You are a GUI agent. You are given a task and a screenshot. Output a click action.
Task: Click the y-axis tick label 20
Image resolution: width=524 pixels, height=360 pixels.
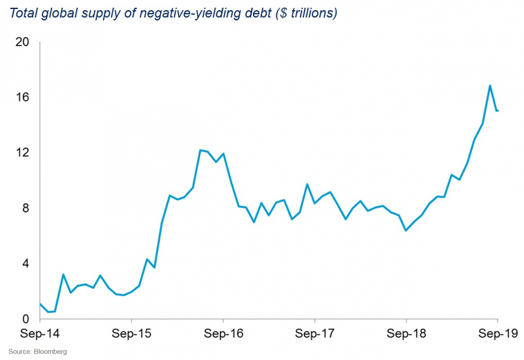(22, 42)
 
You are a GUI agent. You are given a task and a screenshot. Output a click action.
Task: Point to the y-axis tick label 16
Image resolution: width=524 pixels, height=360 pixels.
(22, 97)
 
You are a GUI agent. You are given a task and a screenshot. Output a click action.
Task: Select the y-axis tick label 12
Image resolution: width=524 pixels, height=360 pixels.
(22, 152)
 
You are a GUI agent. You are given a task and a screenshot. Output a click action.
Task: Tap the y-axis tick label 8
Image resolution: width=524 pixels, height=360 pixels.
(25, 208)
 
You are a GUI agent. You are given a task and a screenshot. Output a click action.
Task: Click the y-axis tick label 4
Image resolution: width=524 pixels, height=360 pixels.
(25, 263)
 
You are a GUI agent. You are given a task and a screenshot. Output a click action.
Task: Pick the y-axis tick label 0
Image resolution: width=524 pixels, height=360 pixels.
(25, 319)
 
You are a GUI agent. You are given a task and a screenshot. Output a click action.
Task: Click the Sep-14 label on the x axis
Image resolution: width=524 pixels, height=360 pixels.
(40, 332)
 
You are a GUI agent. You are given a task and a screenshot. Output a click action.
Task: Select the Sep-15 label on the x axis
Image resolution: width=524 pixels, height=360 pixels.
(131, 332)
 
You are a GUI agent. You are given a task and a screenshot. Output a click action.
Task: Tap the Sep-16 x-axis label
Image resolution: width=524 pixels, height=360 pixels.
(223, 332)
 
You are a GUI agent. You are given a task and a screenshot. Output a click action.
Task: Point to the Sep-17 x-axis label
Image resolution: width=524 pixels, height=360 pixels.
(315, 332)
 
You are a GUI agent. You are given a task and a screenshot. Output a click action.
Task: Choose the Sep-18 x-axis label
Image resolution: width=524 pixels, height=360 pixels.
(406, 332)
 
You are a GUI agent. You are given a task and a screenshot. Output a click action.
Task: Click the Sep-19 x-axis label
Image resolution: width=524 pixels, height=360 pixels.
(498, 332)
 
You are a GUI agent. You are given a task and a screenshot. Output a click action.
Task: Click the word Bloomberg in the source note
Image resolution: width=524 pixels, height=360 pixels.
(50, 352)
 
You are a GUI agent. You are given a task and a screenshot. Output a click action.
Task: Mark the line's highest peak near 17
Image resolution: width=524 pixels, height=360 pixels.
(490, 85)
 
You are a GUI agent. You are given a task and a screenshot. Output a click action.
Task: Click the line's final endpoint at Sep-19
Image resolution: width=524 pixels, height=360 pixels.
(498, 110)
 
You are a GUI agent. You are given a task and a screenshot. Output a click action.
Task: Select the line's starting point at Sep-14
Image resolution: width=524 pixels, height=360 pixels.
(40, 304)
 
